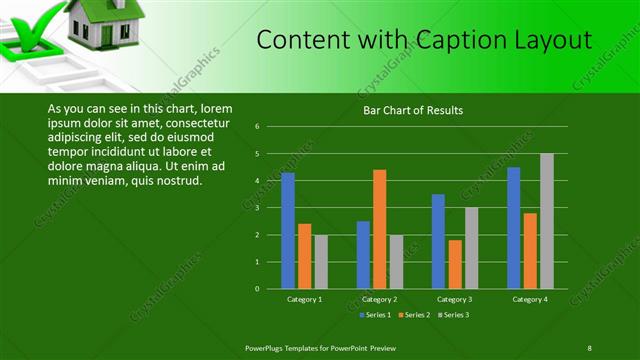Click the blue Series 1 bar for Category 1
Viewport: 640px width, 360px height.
pyautogui.click(x=288, y=230)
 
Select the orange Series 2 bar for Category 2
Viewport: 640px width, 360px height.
pyautogui.click(x=380, y=229)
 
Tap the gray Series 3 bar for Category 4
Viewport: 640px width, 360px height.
pyautogui.click(x=546, y=221)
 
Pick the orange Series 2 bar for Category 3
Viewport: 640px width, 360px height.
pyautogui.click(x=454, y=264)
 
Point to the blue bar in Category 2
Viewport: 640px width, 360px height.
pyautogui.click(x=363, y=255)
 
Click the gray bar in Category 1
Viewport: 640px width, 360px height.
pyautogui.click(x=321, y=262)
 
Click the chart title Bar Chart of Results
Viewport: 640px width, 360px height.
pyautogui.click(x=413, y=110)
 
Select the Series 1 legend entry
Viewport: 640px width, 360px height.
pyautogui.click(x=374, y=315)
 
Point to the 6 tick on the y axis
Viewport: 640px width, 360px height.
pyautogui.click(x=258, y=127)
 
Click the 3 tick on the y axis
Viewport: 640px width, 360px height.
pyautogui.click(x=258, y=208)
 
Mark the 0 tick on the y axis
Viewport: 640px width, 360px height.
pyautogui.click(x=258, y=289)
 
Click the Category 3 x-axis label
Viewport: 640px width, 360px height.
pyautogui.click(x=455, y=299)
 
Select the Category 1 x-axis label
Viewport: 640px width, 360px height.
pyautogui.click(x=304, y=299)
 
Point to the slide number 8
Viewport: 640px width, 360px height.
pyautogui.click(x=589, y=347)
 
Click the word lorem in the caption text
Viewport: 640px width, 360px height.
pyautogui.click(x=216, y=108)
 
